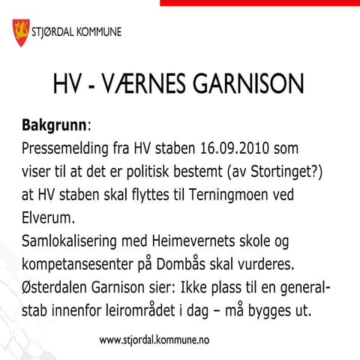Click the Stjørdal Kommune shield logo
(20, 31)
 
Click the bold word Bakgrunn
(54, 122)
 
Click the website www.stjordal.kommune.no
(154, 340)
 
